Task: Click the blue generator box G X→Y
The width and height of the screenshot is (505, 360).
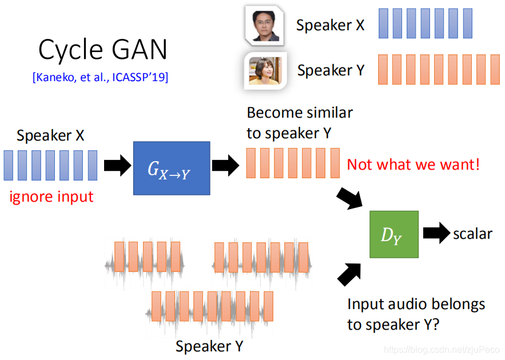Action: pos(172,167)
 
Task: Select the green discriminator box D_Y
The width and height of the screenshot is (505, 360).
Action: pos(393,234)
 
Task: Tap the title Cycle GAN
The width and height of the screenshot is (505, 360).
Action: pos(103,50)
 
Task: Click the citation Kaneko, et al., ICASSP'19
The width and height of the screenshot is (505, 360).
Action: pos(100,78)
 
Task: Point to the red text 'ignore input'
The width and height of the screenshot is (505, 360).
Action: pos(51,197)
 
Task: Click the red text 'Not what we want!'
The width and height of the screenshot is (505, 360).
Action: pos(413,165)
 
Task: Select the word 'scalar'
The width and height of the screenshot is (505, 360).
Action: pos(472,233)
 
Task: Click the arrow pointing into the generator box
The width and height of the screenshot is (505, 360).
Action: pos(116,166)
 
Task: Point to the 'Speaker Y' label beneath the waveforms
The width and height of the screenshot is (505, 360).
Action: pos(209,346)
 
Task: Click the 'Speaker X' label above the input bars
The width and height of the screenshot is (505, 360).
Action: pos(51,135)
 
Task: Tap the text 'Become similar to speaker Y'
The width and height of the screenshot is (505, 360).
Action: pos(300,122)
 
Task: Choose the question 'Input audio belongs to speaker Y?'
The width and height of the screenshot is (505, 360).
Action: pos(416,314)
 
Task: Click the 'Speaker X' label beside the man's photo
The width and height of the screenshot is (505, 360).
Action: pos(330,25)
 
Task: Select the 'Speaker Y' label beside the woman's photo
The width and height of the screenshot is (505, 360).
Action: pos(331,70)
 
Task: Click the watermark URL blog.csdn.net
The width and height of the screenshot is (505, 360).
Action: pos(441,349)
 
